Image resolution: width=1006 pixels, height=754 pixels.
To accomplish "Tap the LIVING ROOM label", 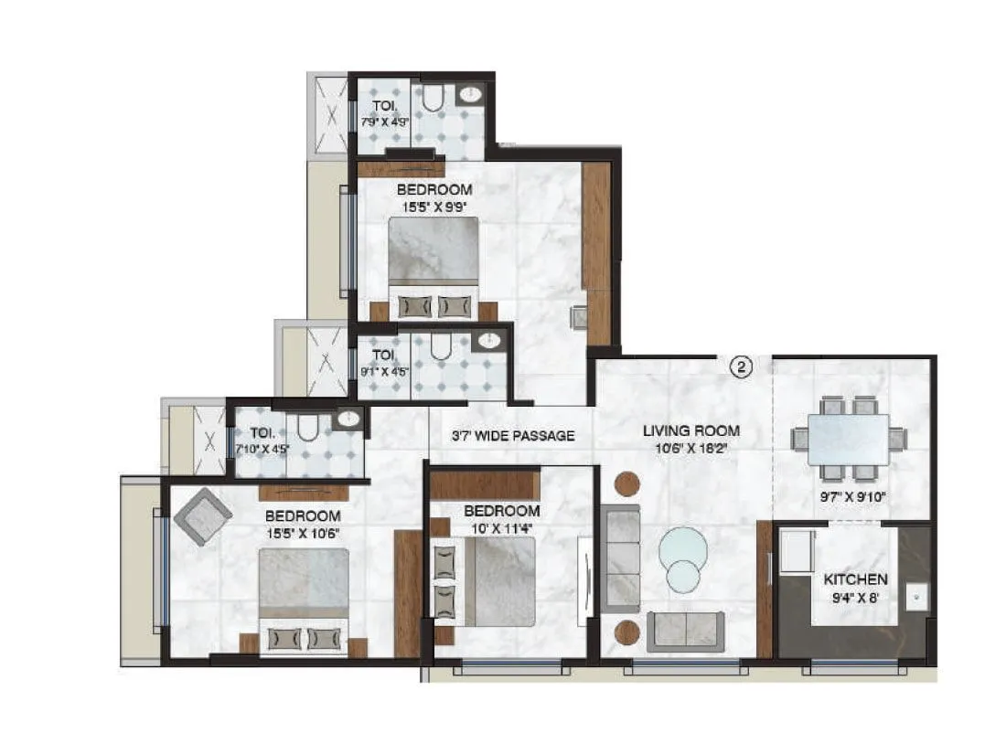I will coord(690,430).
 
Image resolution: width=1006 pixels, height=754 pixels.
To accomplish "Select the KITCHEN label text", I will coord(855,579).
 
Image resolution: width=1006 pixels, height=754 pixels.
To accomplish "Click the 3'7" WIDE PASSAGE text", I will coord(513,436).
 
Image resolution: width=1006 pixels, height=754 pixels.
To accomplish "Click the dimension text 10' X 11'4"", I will coord(501,527).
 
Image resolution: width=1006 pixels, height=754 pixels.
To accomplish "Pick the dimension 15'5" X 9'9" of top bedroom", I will coord(434,207).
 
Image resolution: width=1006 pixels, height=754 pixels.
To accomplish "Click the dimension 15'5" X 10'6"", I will coord(303,532).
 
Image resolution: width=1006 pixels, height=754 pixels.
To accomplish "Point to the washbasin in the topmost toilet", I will coord(471,92).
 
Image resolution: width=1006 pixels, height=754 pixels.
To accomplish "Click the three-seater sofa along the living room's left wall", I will coord(620,558).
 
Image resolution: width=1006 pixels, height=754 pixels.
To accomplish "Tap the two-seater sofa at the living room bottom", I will coord(685,632).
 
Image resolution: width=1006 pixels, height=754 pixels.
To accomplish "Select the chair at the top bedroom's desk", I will coord(578,316).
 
